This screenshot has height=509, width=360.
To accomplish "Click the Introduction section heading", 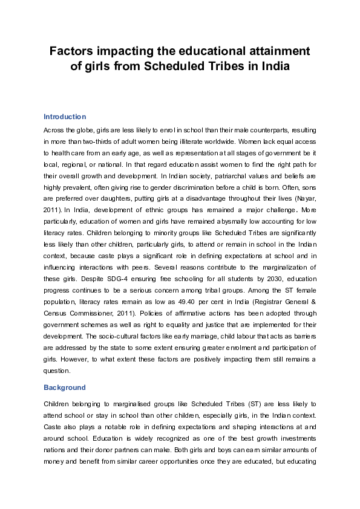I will click(x=65, y=117).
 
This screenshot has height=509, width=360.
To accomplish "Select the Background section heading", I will click(x=64, y=387).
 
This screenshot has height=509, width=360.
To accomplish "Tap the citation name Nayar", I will click(x=304, y=198).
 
